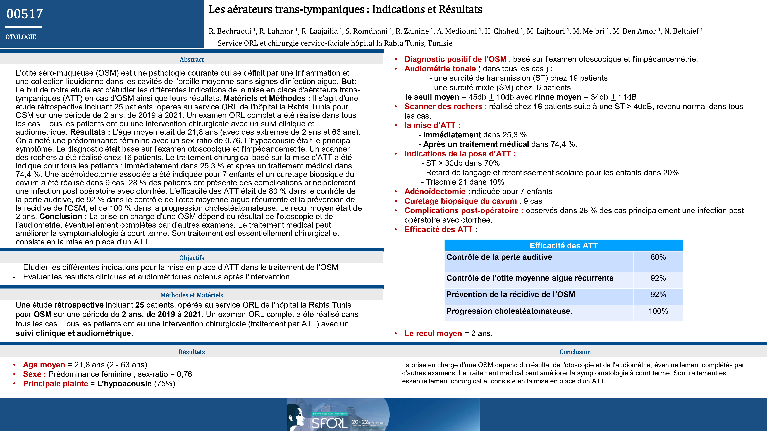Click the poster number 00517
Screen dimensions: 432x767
pyautogui.click(x=25, y=14)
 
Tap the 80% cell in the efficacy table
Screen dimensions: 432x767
pyautogui.click(x=658, y=257)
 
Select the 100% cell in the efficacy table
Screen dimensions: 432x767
pyautogui.click(x=658, y=311)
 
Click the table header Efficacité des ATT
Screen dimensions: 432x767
pyautogui.click(x=563, y=246)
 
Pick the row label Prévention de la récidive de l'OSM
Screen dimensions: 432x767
pyautogui.click(x=511, y=295)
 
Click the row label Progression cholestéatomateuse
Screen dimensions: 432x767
pyautogui.click(x=509, y=311)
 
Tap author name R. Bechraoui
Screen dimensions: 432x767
pyautogui.click(x=230, y=31)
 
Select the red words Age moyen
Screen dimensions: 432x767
pyautogui.click(x=44, y=365)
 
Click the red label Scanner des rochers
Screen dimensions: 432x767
pyautogui.click(x=443, y=107)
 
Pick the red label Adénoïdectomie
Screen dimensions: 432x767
pyautogui.click(x=435, y=192)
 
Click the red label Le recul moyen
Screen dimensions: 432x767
pyautogui.click(x=433, y=334)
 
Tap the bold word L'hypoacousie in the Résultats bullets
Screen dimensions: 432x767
pyautogui.click(x=124, y=384)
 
